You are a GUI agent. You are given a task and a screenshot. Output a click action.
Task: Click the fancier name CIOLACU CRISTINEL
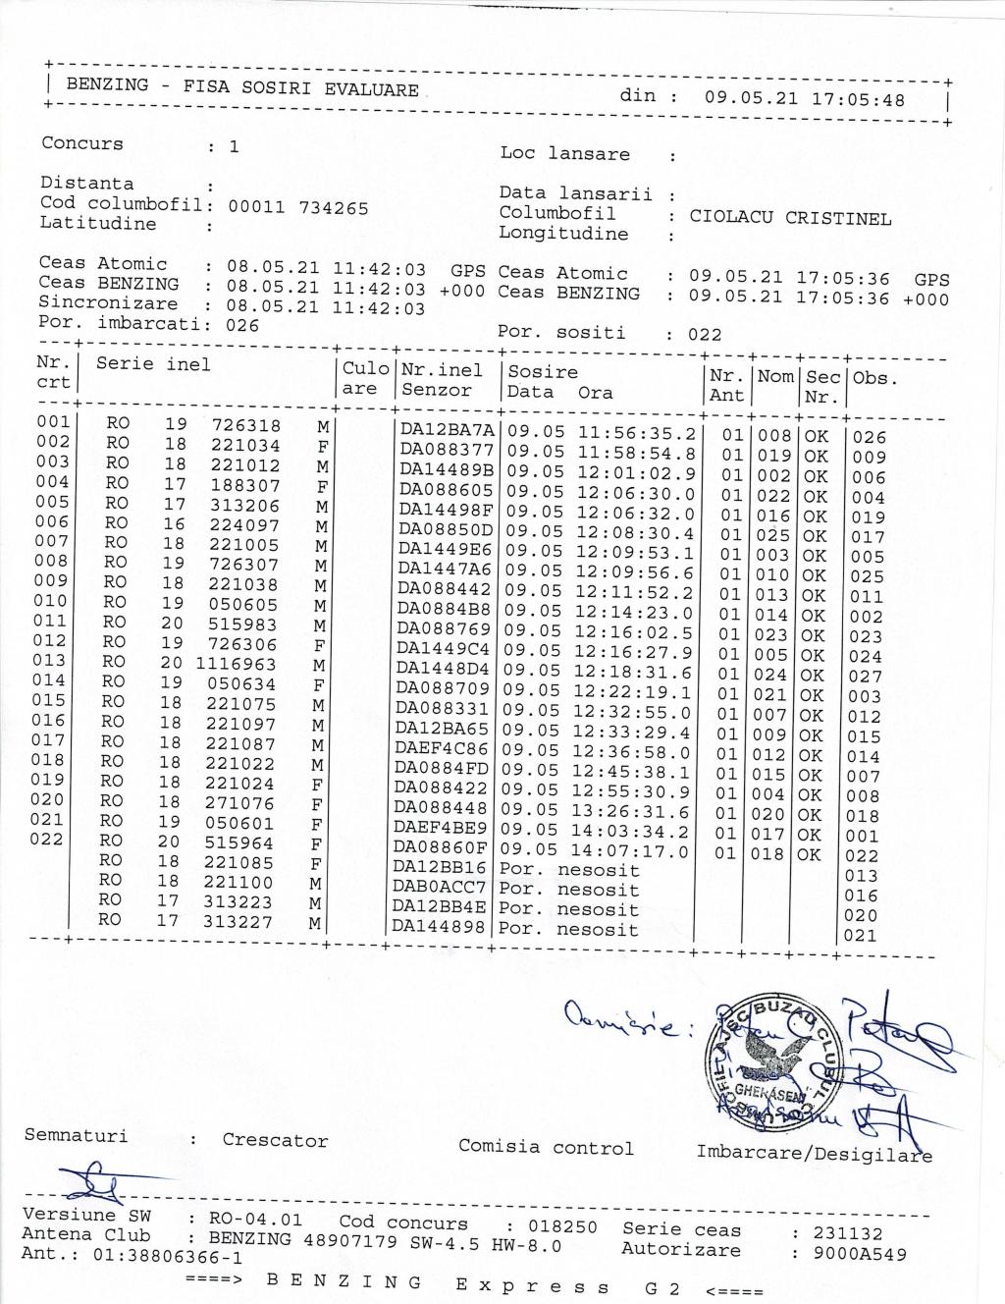click(790, 218)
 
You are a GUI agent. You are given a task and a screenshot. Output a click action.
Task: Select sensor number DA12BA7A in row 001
click(448, 430)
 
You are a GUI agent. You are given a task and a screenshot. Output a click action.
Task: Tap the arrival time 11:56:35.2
click(636, 432)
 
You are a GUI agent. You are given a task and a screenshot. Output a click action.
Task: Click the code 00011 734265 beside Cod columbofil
click(298, 207)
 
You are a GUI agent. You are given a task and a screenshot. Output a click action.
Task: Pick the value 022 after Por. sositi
click(705, 335)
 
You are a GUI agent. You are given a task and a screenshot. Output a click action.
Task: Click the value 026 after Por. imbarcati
click(242, 325)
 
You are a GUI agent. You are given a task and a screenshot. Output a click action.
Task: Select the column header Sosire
click(543, 372)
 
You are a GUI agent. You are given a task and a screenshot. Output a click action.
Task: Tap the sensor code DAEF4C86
click(442, 749)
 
